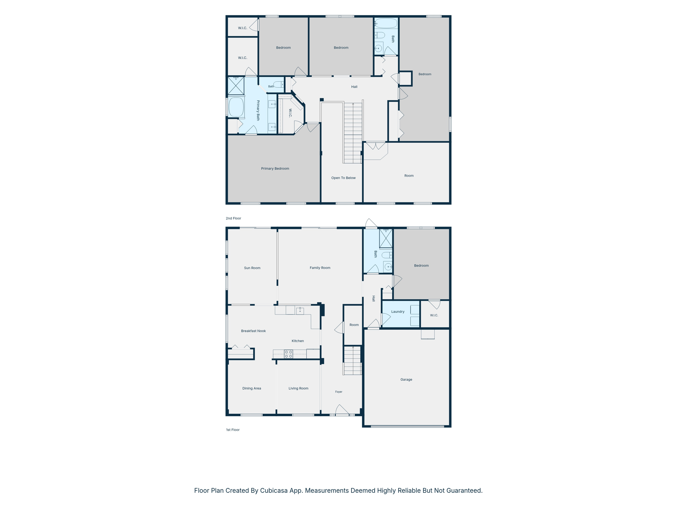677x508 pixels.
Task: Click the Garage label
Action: pos(406,380)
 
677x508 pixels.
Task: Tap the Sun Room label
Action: pos(252,268)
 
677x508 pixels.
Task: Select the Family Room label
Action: pos(320,268)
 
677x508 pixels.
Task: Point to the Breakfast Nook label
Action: pos(254,331)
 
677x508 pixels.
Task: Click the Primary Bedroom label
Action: pos(275,169)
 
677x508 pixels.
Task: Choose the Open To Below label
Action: pos(343,178)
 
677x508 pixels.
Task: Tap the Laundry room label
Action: pos(398,312)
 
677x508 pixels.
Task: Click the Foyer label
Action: pos(339,392)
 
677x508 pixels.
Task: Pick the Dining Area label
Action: pos(252,388)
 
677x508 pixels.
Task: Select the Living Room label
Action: pos(299,388)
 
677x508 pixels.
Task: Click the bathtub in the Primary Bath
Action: pos(236,107)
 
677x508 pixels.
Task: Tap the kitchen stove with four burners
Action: pos(289,354)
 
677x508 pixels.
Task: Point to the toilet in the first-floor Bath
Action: pos(387,255)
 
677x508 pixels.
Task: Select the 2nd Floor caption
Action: pos(233,218)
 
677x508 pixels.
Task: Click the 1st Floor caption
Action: pos(233,430)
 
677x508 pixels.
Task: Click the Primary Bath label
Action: pos(258,110)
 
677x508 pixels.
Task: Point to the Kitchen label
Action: pos(298,341)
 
